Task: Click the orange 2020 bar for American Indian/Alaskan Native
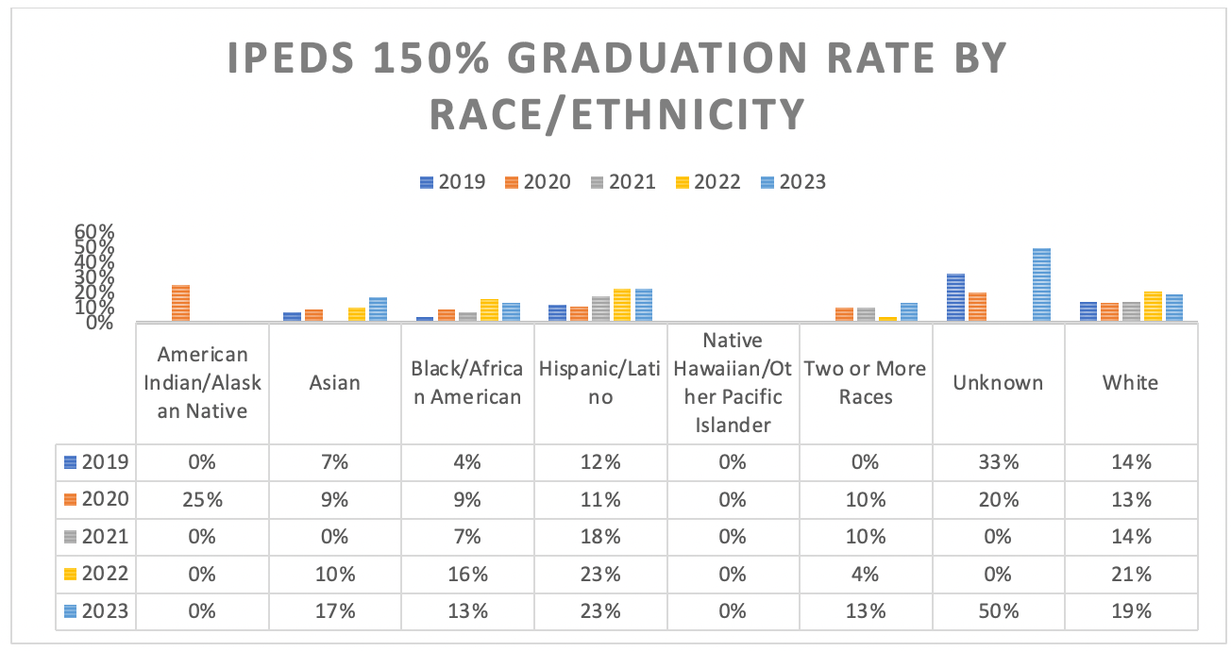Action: pos(180,303)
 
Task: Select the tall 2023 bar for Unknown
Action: pos(1041,285)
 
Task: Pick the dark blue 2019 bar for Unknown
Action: pos(955,297)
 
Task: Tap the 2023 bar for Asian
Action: pos(378,309)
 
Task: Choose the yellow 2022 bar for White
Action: pos(1152,307)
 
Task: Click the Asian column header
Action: pos(335,382)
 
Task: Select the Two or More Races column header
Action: pos(865,382)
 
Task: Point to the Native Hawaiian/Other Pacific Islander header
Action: pos(733,382)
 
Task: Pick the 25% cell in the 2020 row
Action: pos(203,500)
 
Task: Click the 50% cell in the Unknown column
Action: pos(999,610)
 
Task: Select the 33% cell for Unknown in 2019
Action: pos(999,462)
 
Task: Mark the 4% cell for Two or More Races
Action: pos(865,574)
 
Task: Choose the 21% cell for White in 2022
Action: pos(1131,574)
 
